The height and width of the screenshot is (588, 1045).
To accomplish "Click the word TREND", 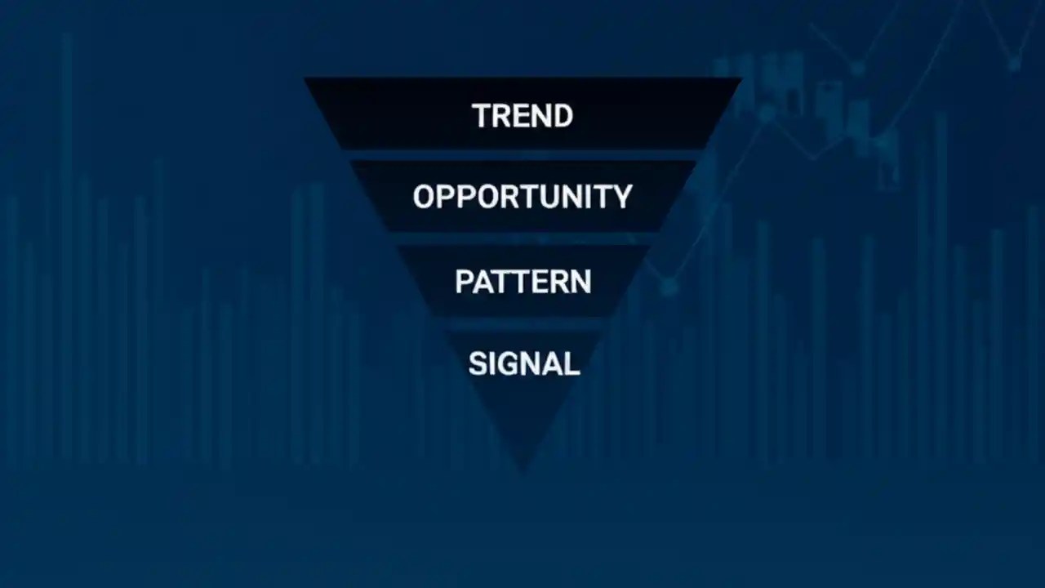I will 522,115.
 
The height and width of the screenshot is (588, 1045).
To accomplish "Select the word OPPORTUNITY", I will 522,197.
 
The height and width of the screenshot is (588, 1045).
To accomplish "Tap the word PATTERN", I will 522,282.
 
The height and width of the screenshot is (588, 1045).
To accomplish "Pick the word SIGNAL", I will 523,363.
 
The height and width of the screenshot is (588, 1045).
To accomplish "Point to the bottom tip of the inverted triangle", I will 522,469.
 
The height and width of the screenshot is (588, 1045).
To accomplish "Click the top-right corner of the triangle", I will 740,79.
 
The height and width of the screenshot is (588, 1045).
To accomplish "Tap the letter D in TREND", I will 562,115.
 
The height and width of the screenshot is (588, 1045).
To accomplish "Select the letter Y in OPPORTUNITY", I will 622,197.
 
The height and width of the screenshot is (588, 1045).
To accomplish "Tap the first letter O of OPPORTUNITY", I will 424,197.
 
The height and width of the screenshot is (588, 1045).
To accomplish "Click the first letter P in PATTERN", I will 464,282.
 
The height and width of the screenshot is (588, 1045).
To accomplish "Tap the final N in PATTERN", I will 580,282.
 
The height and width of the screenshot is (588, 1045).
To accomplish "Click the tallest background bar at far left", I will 67,245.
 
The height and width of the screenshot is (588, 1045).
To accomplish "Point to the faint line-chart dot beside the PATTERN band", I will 669,286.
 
